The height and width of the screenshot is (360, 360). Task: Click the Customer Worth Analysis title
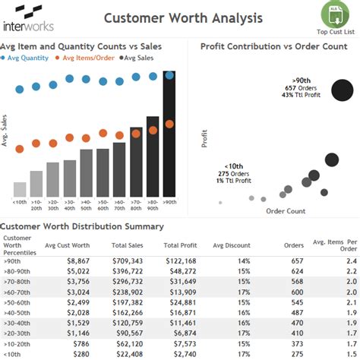tap(183, 17)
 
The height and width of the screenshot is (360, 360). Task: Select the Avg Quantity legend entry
tap(30, 58)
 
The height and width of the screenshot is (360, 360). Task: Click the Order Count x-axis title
tap(286, 211)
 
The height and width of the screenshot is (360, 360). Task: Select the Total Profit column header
tap(180, 245)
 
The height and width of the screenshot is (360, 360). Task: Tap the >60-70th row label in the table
tap(17, 291)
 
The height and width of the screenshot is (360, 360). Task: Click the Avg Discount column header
tap(231, 245)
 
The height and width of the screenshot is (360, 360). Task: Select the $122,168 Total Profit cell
tap(179, 260)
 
